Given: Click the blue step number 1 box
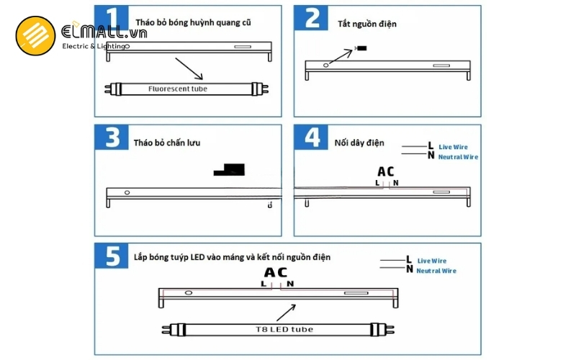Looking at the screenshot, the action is click(x=112, y=17).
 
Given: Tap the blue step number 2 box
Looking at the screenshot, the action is click(x=311, y=17).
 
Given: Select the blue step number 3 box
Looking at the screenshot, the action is click(x=112, y=138).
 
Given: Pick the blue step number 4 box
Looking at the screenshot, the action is click(x=311, y=138).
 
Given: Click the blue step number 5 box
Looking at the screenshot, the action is click(x=112, y=256).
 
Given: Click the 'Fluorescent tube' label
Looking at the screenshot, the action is click(x=178, y=89).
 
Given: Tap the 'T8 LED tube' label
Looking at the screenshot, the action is click(x=284, y=330).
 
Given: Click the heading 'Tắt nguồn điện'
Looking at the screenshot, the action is click(x=367, y=24).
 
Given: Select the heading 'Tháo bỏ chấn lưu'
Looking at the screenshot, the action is click(x=167, y=143).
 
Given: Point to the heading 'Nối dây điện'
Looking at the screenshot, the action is click(x=359, y=143).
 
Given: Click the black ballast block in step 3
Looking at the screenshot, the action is click(x=229, y=170).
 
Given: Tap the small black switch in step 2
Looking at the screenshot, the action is click(x=361, y=48).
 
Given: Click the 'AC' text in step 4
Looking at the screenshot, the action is click(x=386, y=171).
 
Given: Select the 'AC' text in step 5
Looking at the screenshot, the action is click(x=276, y=273).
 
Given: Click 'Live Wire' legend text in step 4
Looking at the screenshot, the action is click(x=454, y=147).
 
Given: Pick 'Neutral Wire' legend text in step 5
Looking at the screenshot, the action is click(x=436, y=271).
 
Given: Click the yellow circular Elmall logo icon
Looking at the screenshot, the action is click(x=35, y=35).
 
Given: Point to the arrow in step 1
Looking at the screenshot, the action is click(x=189, y=68).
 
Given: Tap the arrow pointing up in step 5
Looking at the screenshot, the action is click(x=286, y=312).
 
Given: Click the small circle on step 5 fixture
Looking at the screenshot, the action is click(x=189, y=293).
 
